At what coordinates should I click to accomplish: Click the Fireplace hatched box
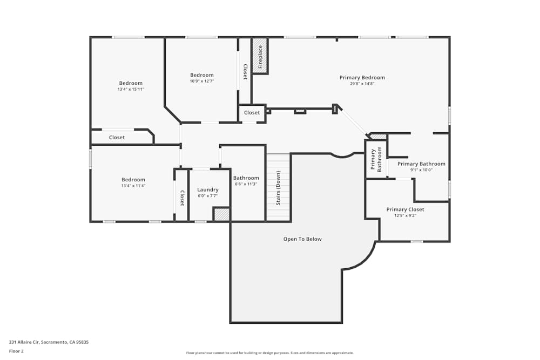(x=260, y=55)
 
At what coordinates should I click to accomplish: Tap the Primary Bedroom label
(x=362, y=78)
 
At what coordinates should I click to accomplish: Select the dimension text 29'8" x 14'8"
(x=362, y=84)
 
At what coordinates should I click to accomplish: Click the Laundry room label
(x=208, y=189)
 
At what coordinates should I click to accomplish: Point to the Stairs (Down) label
(x=279, y=188)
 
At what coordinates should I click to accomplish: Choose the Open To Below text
(x=302, y=239)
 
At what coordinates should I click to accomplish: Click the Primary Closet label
(x=405, y=209)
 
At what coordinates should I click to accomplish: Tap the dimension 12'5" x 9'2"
(x=405, y=215)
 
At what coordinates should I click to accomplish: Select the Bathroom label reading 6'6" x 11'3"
(x=246, y=178)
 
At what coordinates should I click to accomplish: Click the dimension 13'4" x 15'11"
(x=131, y=89)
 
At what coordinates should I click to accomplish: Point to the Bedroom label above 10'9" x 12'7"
(x=202, y=75)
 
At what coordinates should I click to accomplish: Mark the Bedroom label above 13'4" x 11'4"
(x=133, y=180)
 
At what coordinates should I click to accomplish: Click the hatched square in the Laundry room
(x=221, y=214)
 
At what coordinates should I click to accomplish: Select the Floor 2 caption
(x=16, y=351)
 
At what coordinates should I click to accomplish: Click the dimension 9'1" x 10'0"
(x=421, y=170)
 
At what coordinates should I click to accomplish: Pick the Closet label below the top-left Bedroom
(x=117, y=138)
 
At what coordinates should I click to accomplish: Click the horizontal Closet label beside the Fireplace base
(x=252, y=113)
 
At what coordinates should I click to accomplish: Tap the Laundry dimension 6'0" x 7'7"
(x=208, y=195)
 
